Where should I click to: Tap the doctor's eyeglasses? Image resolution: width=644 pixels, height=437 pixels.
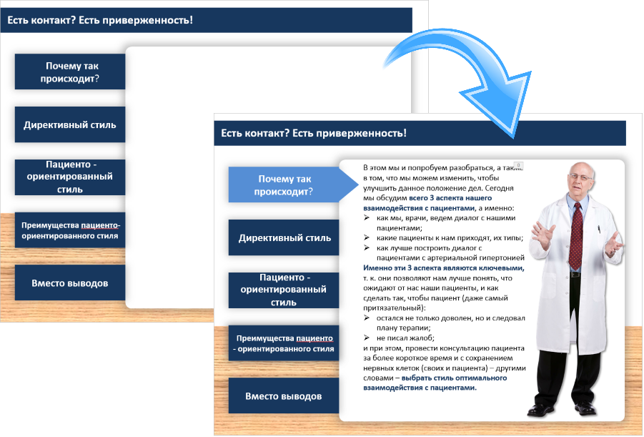(x=580, y=177)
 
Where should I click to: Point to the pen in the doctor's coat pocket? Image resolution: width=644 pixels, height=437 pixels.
(x=599, y=229)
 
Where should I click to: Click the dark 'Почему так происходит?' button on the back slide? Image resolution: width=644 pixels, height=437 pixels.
(x=70, y=72)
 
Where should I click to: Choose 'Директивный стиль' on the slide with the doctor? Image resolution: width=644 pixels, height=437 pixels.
(x=284, y=237)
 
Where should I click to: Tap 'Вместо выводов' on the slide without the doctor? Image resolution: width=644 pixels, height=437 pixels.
(x=70, y=283)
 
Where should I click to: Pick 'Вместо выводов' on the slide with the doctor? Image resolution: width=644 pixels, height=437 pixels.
(x=284, y=396)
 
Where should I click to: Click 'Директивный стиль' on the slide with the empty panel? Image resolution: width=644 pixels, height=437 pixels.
(x=70, y=124)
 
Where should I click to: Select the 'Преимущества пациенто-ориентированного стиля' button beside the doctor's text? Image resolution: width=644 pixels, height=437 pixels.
(x=284, y=343)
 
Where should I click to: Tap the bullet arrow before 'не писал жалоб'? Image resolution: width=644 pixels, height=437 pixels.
(x=367, y=338)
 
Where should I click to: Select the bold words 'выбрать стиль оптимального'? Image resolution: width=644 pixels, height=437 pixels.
(x=455, y=378)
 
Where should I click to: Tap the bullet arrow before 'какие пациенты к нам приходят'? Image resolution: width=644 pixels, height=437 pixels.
(x=367, y=237)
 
